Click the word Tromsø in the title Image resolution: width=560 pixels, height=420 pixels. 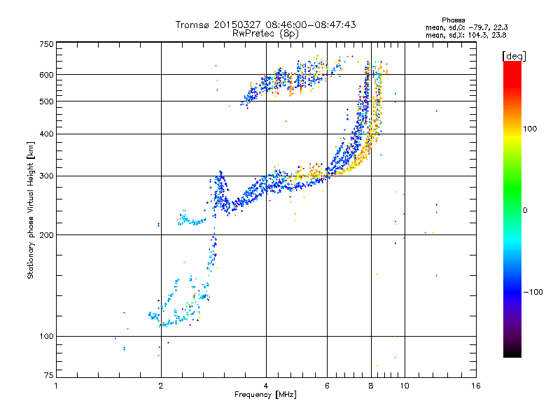pos(192,24)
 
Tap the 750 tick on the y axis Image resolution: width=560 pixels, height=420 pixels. pos(46,44)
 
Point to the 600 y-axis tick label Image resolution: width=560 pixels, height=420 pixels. pos(46,74)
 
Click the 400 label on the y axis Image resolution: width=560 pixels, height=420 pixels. pos(46,134)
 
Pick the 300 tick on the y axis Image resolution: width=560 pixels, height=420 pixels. pos(46,176)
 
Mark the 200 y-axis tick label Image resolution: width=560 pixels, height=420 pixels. pos(46,235)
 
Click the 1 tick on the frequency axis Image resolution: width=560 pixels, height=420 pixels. pos(56,386)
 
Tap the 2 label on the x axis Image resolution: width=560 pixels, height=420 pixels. pos(161,386)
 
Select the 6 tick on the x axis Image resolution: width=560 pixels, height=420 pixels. pos(328,386)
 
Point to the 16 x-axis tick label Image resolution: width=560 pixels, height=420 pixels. pos(475,386)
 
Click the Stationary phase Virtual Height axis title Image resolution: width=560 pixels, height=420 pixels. pos(31,211)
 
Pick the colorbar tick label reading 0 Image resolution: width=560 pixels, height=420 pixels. pos(526,209)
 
